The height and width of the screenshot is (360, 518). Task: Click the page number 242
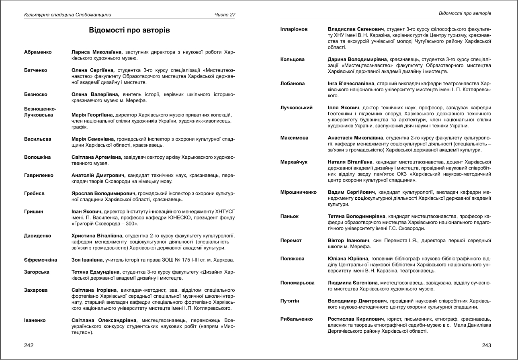coord(29,345)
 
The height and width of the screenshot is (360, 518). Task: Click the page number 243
coord(486,345)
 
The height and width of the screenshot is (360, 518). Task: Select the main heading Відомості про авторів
coord(129,31)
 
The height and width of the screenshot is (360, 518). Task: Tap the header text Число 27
coord(225,15)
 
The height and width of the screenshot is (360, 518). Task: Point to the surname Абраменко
coord(38,52)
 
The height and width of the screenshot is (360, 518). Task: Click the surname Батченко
coord(36,70)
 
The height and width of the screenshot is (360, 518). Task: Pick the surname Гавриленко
coord(38,175)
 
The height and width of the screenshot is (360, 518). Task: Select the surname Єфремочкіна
coord(41,260)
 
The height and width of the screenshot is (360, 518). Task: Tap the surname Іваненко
coord(35,320)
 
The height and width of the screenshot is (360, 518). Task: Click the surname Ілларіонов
coord(294,29)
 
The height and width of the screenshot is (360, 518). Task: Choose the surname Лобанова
coord(293,84)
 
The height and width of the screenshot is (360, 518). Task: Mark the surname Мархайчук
coord(294,162)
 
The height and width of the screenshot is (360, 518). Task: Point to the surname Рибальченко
coord(297,319)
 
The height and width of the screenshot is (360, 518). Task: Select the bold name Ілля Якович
coord(344,108)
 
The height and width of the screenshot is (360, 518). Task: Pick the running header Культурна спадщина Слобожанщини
coord(68,15)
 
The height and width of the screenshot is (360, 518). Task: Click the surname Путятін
coord(290,301)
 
